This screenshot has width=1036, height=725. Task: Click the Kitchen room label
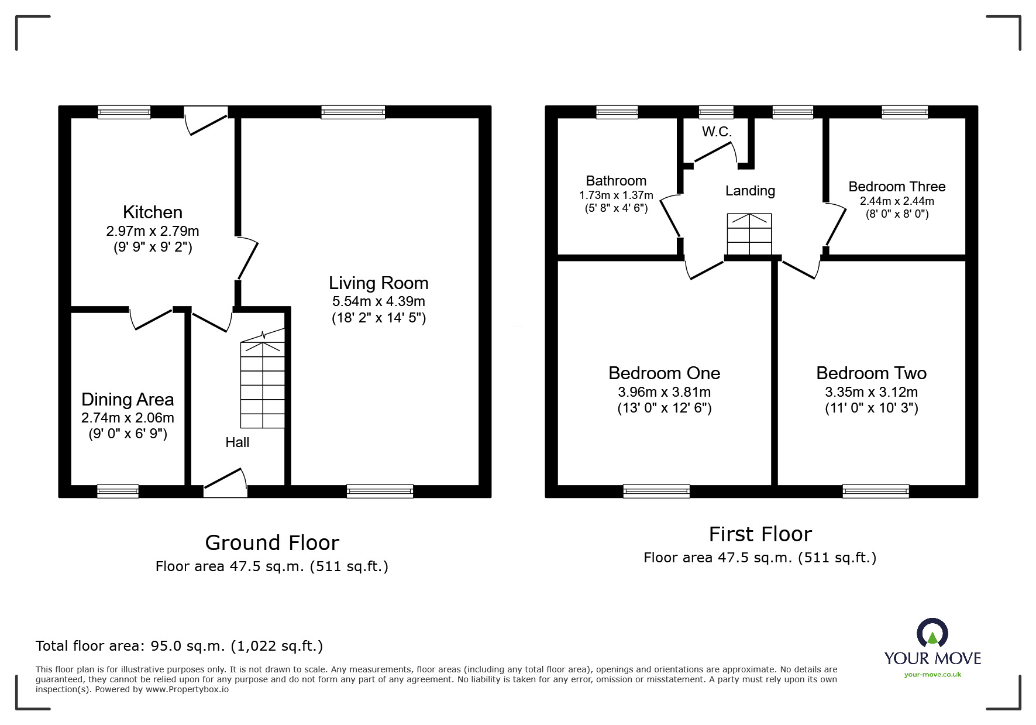153,212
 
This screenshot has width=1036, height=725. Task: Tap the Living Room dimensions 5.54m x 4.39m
378,302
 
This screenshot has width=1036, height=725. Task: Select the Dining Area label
128,400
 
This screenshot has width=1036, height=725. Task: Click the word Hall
238,443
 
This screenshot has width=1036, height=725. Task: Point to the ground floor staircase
263,383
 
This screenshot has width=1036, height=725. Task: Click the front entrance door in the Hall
225,483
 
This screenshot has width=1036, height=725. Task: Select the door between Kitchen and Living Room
247,258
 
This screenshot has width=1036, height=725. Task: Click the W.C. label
717,132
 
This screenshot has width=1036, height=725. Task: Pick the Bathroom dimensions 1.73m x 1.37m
616,195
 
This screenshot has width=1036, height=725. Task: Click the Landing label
750,191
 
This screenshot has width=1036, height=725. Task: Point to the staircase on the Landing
749,234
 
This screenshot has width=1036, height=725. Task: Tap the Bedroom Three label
897,187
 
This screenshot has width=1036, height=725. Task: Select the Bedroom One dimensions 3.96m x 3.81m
664,392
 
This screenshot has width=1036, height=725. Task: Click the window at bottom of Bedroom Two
876,491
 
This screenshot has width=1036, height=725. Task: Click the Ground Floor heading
272,543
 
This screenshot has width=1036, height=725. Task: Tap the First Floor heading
760,534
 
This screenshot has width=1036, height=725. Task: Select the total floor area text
179,646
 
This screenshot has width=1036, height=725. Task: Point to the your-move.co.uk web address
932,675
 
